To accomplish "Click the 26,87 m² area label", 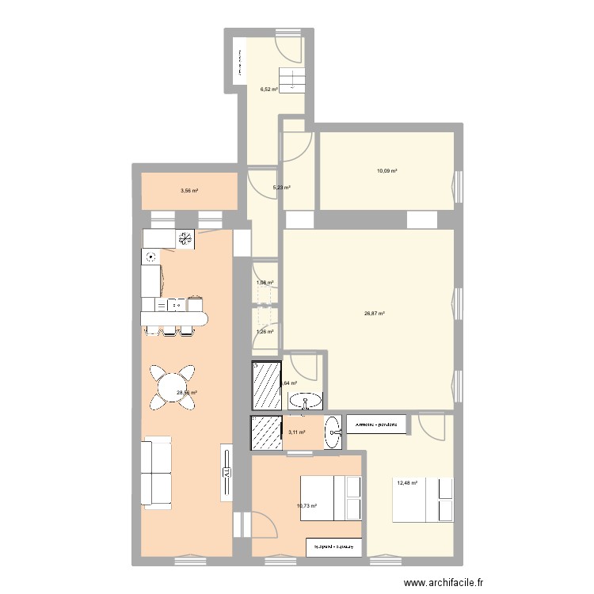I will click(x=375, y=314).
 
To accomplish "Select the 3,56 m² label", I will click(x=188, y=191).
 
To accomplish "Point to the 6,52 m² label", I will click(x=269, y=89).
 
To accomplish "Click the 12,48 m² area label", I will click(x=406, y=483).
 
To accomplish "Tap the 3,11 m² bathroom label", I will click(x=296, y=432).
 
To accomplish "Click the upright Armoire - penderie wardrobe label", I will click(x=376, y=425).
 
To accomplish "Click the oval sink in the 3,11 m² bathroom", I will click(x=333, y=432).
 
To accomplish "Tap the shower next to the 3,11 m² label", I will click(x=266, y=432).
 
